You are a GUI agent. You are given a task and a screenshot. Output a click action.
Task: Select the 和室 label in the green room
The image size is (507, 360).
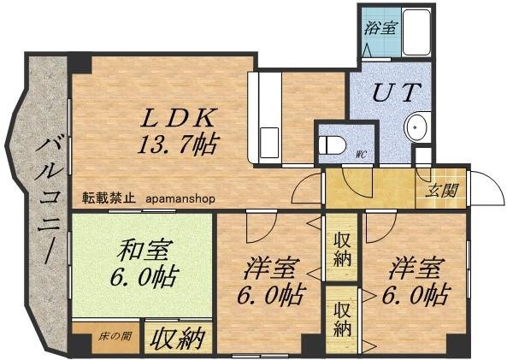pyautogui.click(x=144, y=251)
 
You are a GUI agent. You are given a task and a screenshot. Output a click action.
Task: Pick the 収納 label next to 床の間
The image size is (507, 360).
pyautogui.click(x=178, y=339)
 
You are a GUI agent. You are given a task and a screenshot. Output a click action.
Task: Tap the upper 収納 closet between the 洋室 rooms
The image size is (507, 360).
pyautogui.click(x=342, y=249)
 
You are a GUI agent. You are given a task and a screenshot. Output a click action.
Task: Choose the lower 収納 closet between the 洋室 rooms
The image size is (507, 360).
pyautogui.click(x=342, y=316)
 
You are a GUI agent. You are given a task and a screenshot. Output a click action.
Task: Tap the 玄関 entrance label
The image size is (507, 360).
pyautogui.click(x=441, y=190)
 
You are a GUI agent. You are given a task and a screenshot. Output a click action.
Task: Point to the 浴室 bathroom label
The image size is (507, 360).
pyautogui.click(x=380, y=27)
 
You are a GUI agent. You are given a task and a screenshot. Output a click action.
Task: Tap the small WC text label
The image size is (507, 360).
pyautogui.click(x=361, y=156)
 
